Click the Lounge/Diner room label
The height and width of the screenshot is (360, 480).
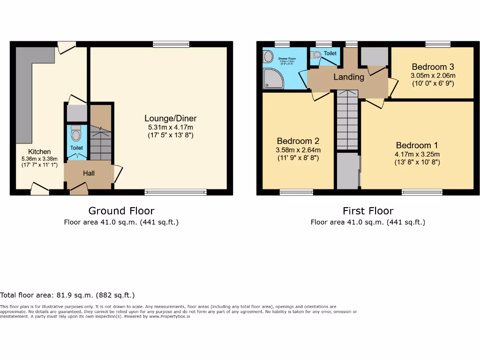click(x=170, y=118)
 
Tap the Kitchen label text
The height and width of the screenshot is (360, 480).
click(x=39, y=151)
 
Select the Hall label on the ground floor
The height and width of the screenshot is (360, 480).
click(x=89, y=173)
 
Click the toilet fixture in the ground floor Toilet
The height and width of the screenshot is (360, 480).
click(x=76, y=135)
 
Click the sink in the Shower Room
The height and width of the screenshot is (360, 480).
click(x=268, y=57)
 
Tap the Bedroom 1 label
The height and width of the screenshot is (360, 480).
click(x=417, y=145)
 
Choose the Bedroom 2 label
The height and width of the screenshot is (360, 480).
click(x=298, y=141)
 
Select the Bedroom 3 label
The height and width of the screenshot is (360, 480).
click(x=433, y=67)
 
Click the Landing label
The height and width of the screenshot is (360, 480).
click(x=348, y=77)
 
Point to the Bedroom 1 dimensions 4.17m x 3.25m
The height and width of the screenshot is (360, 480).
click(x=417, y=154)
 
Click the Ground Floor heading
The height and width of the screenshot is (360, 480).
click(x=121, y=211)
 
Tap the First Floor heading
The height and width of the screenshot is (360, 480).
click(x=368, y=211)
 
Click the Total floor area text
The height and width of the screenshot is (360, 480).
click(x=67, y=295)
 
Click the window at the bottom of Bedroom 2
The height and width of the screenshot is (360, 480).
click(x=296, y=192)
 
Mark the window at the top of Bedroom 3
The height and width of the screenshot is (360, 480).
click(x=438, y=45)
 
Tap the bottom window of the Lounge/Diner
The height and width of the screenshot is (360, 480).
click(x=175, y=192)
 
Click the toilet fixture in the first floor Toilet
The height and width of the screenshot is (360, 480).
click(x=316, y=55)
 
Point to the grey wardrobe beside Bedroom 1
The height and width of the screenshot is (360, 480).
click(x=348, y=171)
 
